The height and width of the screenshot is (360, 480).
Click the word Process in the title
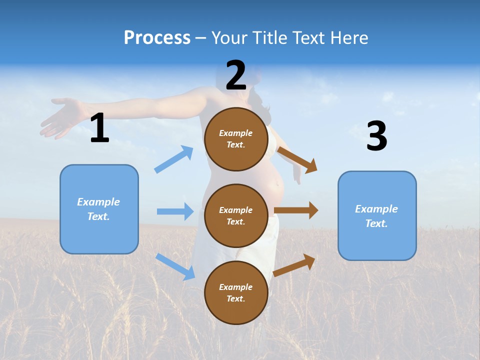coord(157,37)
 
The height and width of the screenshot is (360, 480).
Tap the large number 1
coord(99,128)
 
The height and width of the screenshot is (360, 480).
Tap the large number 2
coord(236,75)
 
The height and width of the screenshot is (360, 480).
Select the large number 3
coord(376,136)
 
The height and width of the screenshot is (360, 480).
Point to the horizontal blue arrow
coord(175,211)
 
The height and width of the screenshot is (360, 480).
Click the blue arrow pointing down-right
coord(175,266)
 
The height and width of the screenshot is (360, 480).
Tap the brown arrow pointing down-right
coord(297,159)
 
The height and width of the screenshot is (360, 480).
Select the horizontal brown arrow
coord(296,210)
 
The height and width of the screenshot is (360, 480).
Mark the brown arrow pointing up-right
coord(294,265)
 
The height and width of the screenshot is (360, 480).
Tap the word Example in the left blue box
coord(98,202)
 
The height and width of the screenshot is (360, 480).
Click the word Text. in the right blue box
coord(376,223)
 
